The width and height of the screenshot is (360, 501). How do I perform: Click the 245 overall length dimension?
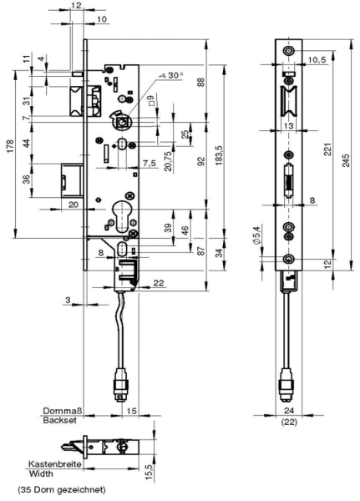point(346,160)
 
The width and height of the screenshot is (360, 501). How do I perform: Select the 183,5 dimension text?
point(220,155)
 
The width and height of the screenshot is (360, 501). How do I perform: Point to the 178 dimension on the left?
point(10,146)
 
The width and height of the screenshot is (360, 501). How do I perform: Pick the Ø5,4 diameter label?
point(256,235)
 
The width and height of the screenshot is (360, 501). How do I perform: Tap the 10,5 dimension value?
point(317,60)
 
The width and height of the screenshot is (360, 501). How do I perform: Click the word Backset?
point(60,420)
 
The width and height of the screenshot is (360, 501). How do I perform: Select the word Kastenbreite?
point(55,463)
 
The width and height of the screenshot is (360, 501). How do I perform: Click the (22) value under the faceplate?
point(289,422)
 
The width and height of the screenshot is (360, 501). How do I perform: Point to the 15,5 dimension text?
point(150,473)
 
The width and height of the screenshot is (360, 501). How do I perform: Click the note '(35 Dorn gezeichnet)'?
point(61,489)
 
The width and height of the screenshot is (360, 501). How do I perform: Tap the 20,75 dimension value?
point(169,160)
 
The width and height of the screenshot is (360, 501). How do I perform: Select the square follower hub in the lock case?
point(122,122)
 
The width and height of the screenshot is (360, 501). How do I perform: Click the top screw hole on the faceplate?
point(289,51)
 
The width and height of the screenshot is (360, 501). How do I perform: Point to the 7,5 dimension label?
point(150,164)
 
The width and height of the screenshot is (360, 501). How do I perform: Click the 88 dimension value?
point(201,82)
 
